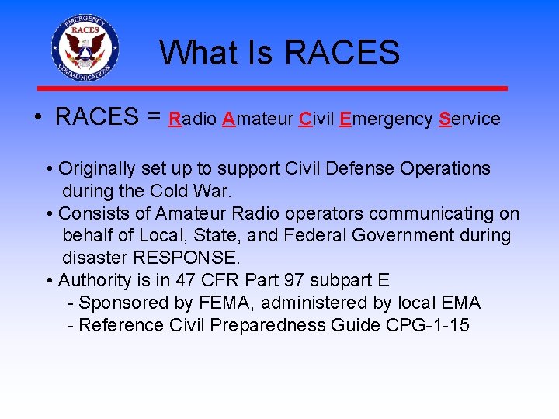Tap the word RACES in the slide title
click(342, 53)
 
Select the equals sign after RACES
click(155, 117)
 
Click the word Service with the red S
click(470, 119)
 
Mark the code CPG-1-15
click(427, 325)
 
